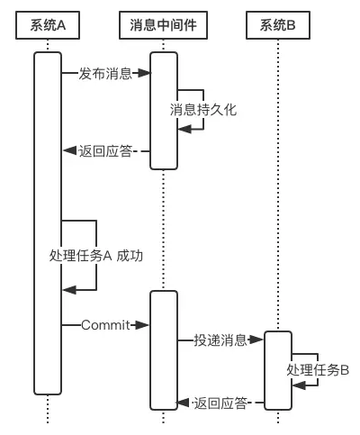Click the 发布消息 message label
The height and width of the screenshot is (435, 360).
105,73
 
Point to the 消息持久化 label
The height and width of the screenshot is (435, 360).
203,110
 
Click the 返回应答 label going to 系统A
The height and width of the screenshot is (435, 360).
105,151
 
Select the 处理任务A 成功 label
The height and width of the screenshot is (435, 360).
96,256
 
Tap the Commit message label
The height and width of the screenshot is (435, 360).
105,325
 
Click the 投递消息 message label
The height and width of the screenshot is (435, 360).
220,340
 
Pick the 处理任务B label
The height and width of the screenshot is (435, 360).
318,370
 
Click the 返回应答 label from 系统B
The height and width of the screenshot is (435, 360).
220,403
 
